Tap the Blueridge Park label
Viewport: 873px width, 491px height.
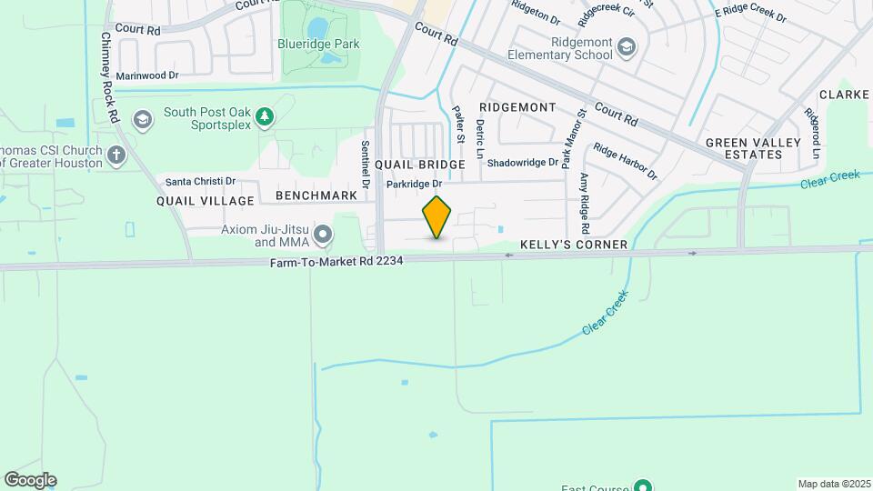(x=320, y=44)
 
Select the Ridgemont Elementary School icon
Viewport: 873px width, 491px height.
(x=626, y=46)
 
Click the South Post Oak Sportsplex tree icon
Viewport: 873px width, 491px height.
(x=264, y=115)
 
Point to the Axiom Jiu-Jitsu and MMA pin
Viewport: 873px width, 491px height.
(x=322, y=236)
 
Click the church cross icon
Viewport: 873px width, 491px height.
(x=115, y=155)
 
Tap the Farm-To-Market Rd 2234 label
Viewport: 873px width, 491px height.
(x=336, y=261)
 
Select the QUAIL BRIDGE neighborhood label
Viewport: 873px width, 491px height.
(x=419, y=165)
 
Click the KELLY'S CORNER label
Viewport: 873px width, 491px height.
(x=574, y=245)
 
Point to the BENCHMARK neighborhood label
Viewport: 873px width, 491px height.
(x=316, y=195)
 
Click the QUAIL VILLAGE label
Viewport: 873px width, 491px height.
(x=206, y=200)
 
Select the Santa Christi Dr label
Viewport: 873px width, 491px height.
(x=199, y=181)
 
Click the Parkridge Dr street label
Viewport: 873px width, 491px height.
(x=414, y=184)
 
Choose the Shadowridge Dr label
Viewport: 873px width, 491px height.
(x=522, y=163)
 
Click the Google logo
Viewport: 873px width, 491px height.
(x=30, y=480)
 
